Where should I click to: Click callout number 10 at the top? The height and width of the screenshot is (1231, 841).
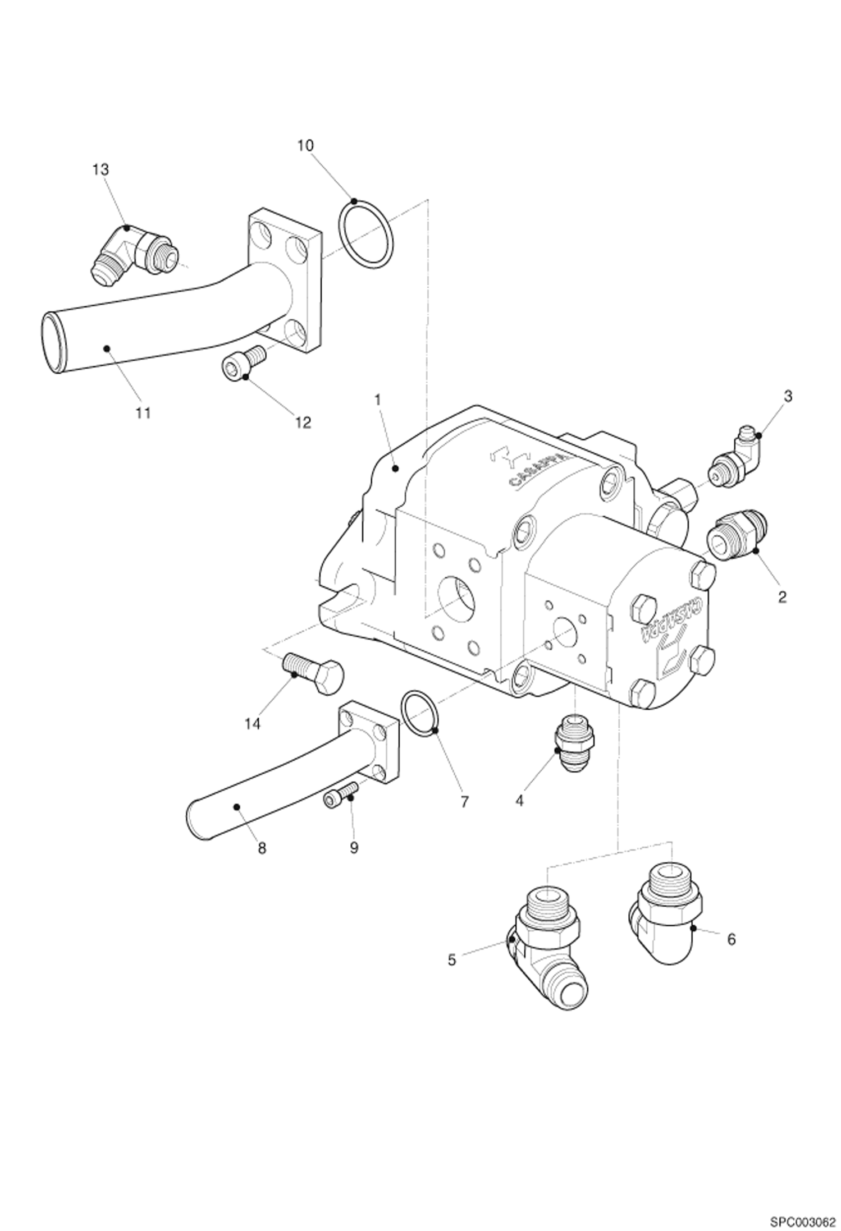coord(305,145)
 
